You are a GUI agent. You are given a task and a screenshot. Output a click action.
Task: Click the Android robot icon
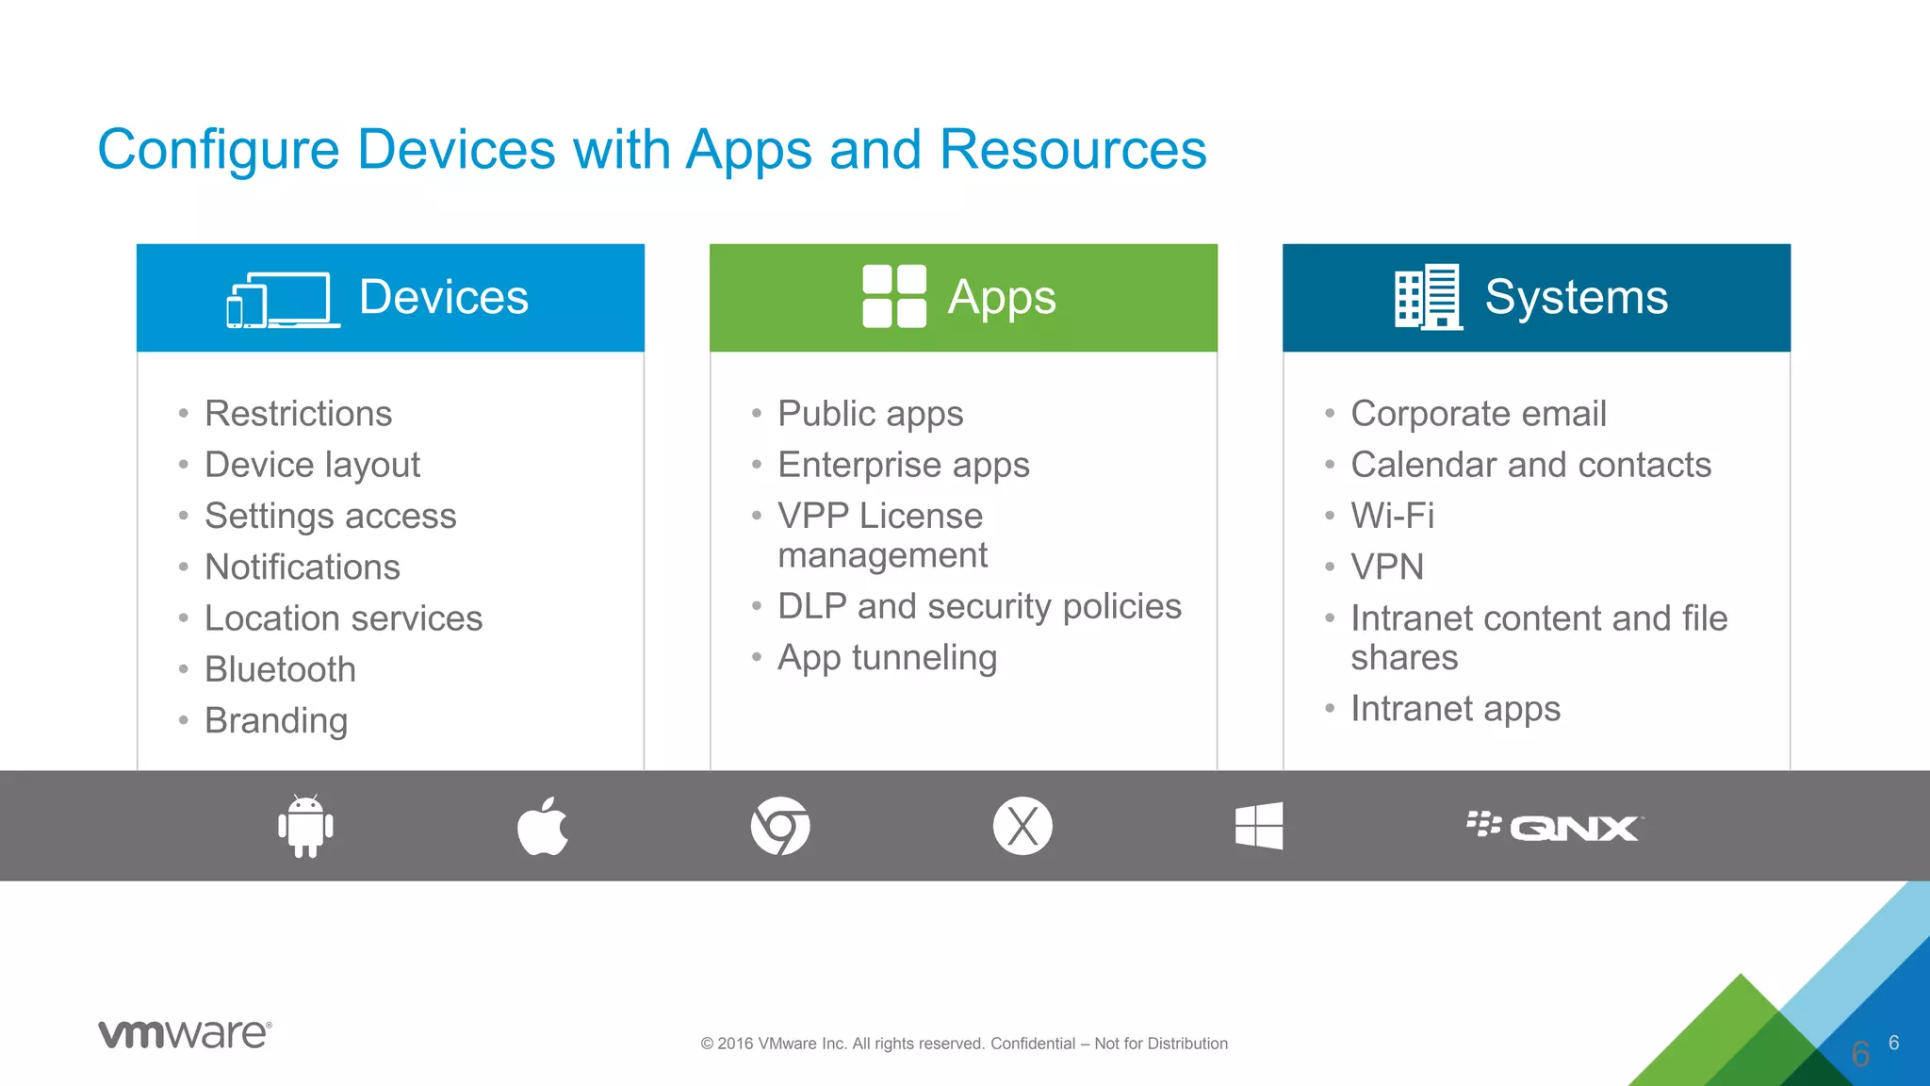305,826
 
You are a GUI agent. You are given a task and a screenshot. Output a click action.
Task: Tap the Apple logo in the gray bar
543,827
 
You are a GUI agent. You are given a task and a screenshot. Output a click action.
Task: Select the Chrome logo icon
780,826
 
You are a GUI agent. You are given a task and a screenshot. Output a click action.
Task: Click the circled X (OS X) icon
1022,826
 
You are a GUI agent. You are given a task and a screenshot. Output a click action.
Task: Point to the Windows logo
1259,826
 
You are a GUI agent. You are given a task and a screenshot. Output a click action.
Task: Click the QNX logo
1555,827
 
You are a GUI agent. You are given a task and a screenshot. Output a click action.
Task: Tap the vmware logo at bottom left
185,1033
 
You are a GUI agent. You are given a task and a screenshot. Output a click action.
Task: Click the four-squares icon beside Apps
894,296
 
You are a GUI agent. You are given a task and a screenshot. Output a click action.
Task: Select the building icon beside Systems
1428,296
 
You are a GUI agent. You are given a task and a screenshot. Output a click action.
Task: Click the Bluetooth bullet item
280,669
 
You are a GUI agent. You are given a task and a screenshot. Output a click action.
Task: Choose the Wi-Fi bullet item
1392,516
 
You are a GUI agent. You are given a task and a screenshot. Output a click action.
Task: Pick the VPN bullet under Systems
1386,567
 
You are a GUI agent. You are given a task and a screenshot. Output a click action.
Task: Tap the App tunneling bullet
887,658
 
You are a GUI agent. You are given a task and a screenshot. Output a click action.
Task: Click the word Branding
276,720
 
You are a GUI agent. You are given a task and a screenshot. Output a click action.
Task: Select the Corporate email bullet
1478,414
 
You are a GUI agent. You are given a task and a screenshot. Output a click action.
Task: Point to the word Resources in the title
1072,149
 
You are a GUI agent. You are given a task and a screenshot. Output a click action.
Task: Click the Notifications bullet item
302,567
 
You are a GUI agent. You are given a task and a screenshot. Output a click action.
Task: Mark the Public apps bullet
870,414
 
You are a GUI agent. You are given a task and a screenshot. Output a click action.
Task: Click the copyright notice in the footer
963,1043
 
